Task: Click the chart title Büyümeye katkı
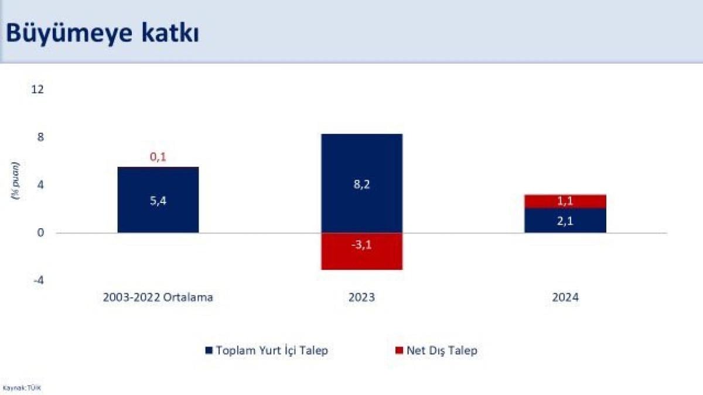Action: pyautogui.click(x=103, y=33)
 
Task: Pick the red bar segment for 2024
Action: pyautogui.click(x=565, y=201)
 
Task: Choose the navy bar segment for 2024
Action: pyautogui.click(x=565, y=221)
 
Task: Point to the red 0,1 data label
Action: pyautogui.click(x=158, y=157)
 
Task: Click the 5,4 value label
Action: pyautogui.click(x=158, y=201)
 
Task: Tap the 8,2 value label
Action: pyautogui.click(x=361, y=184)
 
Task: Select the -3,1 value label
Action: pyautogui.click(x=361, y=245)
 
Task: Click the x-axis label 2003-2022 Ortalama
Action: pyautogui.click(x=158, y=297)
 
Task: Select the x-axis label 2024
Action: pyautogui.click(x=565, y=297)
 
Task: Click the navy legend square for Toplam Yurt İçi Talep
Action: pyautogui.click(x=209, y=351)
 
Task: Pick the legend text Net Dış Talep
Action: pyautogui.click(x=445, y=351)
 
